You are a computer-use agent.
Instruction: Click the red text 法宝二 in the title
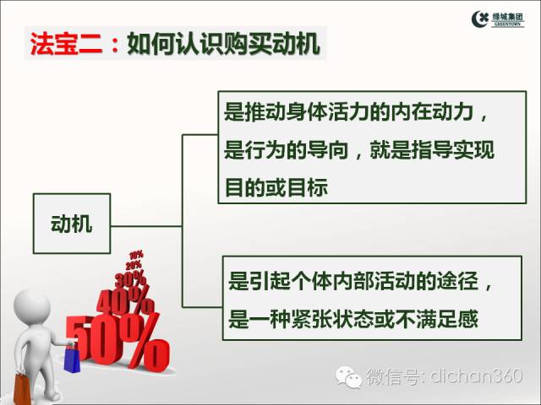point(66,44)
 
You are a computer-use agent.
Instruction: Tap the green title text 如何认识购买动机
point(223,44)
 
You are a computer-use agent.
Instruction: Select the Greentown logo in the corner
point(498,19)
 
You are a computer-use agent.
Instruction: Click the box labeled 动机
point(72,224)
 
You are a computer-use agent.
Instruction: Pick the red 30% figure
point(130,279)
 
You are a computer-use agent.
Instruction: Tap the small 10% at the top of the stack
point(136,256)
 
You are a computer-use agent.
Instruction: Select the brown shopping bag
point(22,389)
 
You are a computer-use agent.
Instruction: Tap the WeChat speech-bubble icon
point(349,377)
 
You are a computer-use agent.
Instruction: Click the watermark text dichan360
point(476,375)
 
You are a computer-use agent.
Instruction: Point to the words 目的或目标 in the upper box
point(276,187)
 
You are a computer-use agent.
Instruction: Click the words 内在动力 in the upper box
point(432,111)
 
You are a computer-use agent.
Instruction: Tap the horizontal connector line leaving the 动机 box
point(146,226)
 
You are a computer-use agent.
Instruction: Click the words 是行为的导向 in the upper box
point(287,150)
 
